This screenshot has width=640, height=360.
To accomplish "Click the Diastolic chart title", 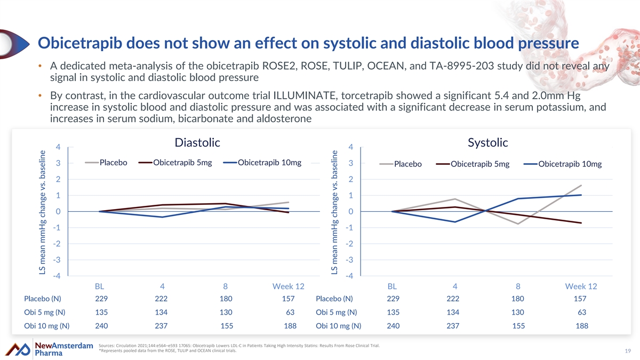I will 197,143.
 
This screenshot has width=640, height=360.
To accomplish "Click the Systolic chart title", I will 487,143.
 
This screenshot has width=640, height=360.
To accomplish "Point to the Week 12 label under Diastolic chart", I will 288,286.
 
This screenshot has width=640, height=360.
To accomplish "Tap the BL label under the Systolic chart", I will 393,286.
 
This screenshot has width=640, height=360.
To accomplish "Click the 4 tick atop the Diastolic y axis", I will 58,147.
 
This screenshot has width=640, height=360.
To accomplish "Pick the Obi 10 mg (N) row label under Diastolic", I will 47,326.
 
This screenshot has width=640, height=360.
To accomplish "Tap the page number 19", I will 627,351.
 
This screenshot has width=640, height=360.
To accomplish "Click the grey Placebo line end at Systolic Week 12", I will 581,186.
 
